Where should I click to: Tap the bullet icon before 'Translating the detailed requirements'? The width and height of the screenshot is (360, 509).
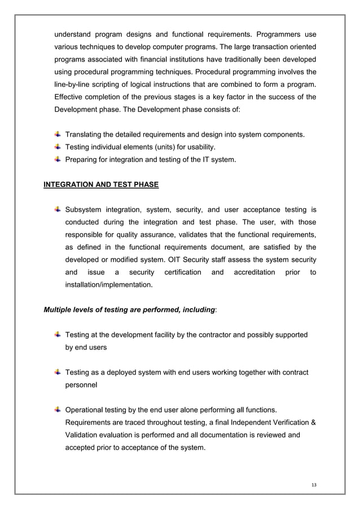[58, 134]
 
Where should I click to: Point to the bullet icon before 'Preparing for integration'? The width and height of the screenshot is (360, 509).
[58, 160]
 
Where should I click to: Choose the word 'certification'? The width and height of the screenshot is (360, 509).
[183, 273]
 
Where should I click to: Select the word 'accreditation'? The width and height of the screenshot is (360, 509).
[251, 273]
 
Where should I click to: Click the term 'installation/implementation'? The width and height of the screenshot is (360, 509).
[109, 286]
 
